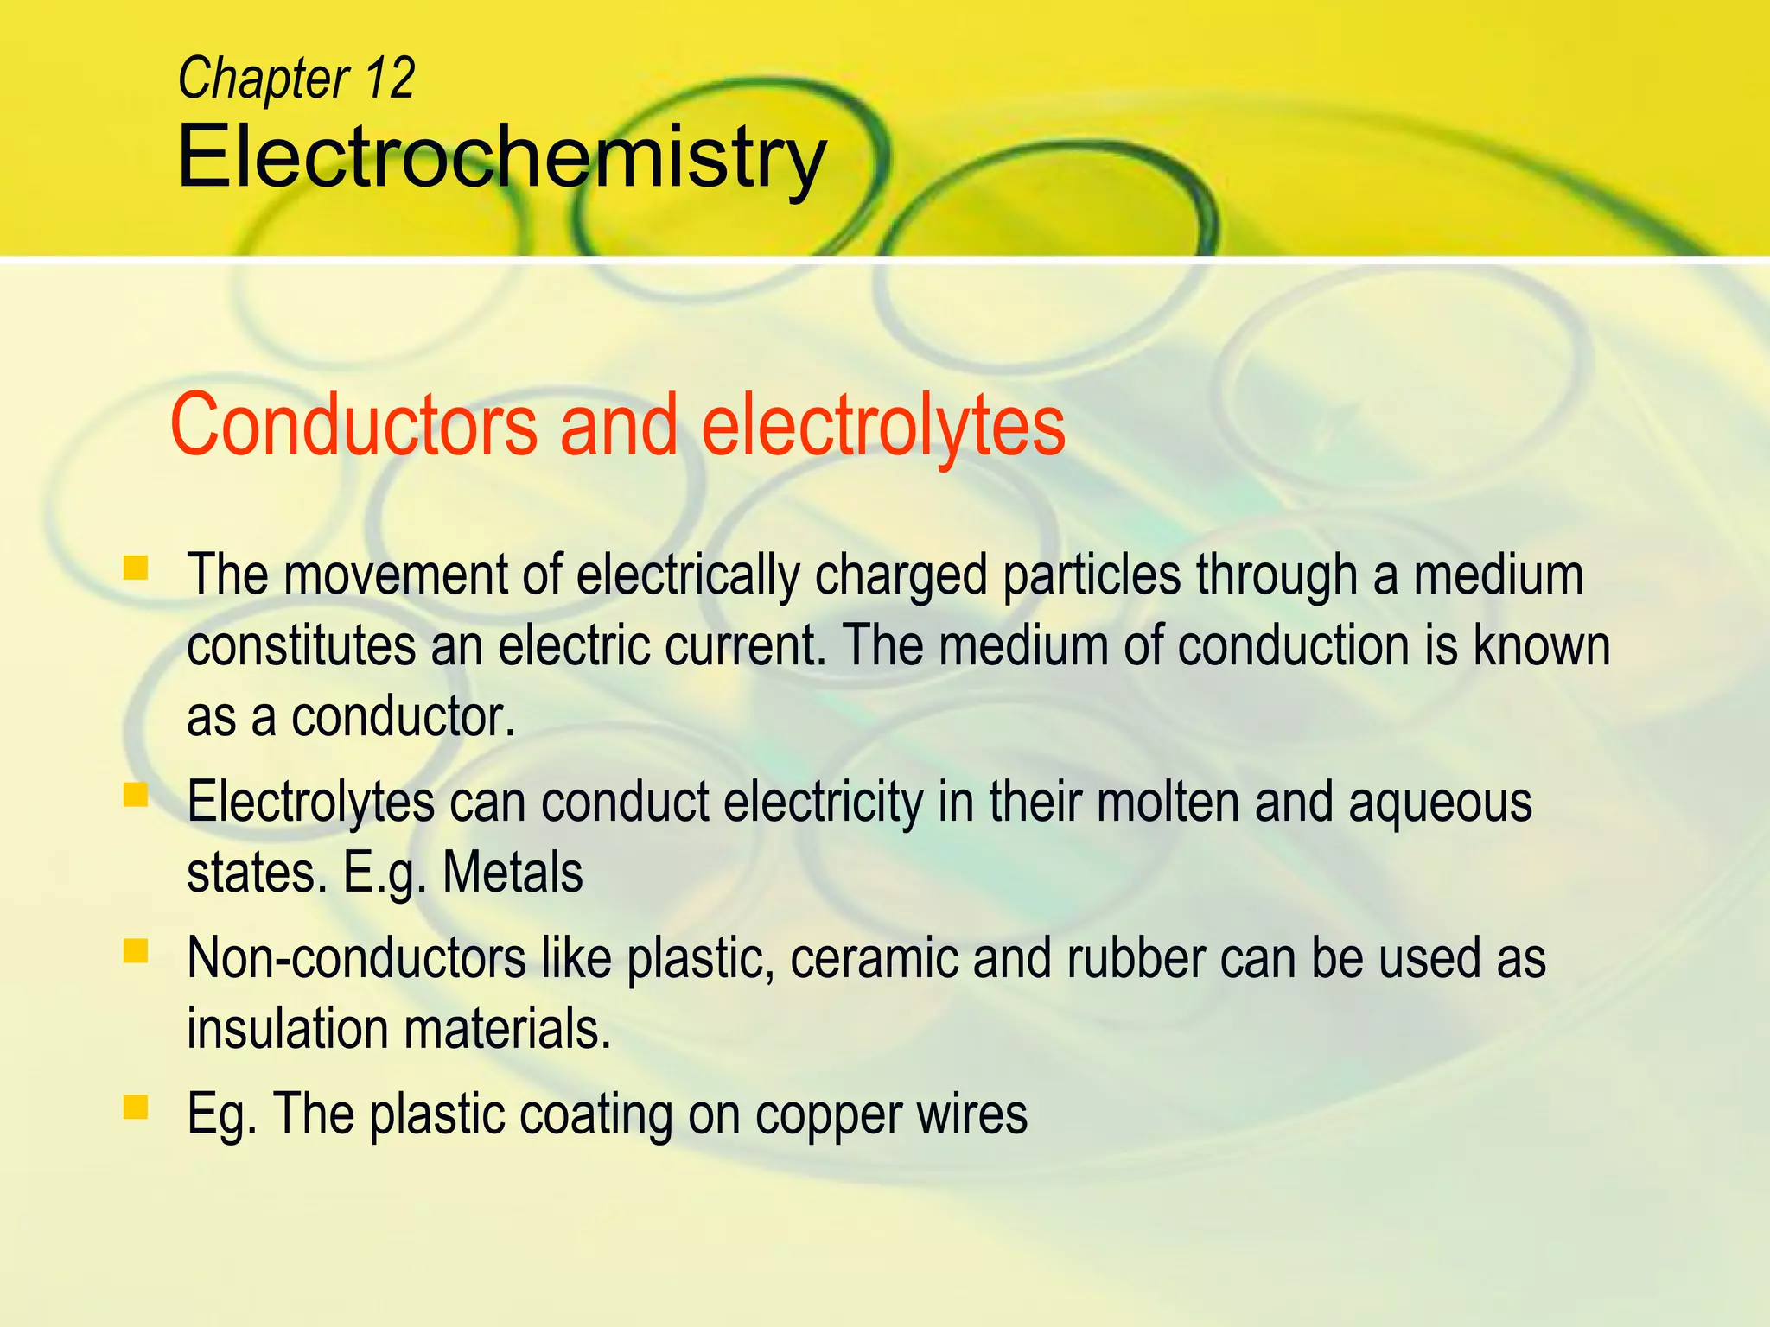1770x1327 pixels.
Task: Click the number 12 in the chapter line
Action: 389,78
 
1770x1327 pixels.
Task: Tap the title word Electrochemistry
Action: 501,158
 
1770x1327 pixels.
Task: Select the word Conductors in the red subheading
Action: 353,425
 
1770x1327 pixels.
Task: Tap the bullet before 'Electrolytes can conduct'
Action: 136,795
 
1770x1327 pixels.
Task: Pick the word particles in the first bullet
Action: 1092,576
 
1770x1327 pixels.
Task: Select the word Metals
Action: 513,873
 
